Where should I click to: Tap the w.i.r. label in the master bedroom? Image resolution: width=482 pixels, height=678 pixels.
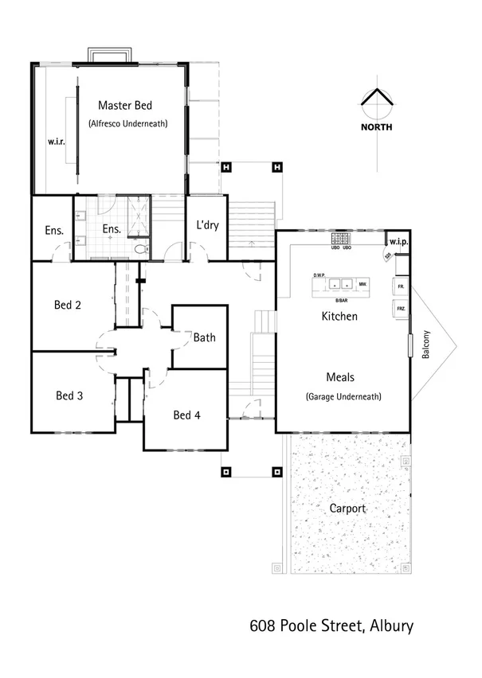(55, 142)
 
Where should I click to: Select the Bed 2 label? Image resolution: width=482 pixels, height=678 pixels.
(68, 305)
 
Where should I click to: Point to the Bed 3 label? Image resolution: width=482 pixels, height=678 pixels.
(69, 395)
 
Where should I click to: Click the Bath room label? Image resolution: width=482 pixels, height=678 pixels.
(204, 337)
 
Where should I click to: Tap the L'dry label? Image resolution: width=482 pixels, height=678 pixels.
(207, 225)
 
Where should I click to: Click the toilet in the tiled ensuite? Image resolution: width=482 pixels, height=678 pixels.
(141, 250)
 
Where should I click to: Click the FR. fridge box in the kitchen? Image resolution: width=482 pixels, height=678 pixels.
(400, 286)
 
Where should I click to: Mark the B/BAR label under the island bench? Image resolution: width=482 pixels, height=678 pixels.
(342, 300)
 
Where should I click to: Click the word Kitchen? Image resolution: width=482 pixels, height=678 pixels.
(339, 317)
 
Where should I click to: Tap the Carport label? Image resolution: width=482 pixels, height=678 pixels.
(347, 508)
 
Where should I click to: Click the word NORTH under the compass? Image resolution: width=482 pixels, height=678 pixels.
(375, 127)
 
